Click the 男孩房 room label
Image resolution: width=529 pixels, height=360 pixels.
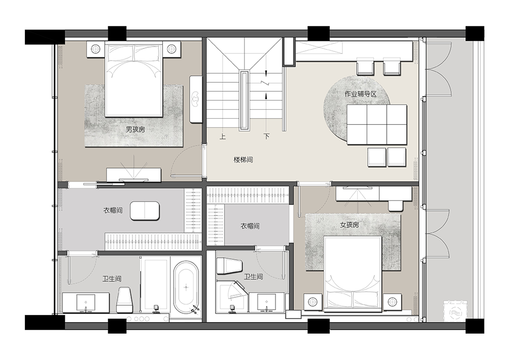point(135,130)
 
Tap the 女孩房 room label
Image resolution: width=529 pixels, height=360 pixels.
point(349,225)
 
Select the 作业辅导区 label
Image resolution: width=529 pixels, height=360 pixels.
point(360,94)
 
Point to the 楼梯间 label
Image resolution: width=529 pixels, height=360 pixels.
point(243,160)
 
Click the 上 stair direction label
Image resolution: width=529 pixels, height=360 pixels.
point(222,137)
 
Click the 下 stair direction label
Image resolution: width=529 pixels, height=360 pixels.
point(267,137)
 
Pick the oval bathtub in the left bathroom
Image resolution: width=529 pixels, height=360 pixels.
point(186,287)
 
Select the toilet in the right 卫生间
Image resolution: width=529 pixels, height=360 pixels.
point(230,266)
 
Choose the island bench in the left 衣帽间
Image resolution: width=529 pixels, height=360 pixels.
point(145,211)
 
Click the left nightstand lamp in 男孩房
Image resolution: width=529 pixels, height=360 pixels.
point(95,49)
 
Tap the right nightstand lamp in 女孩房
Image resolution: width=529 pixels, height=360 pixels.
point(392,302)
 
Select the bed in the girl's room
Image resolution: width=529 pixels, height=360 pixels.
point(352,273)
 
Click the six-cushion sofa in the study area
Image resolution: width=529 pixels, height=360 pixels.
point(376,124)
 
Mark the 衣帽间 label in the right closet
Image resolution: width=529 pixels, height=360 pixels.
point(250,226)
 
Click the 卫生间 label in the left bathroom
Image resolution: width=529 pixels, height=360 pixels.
point(112,279)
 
